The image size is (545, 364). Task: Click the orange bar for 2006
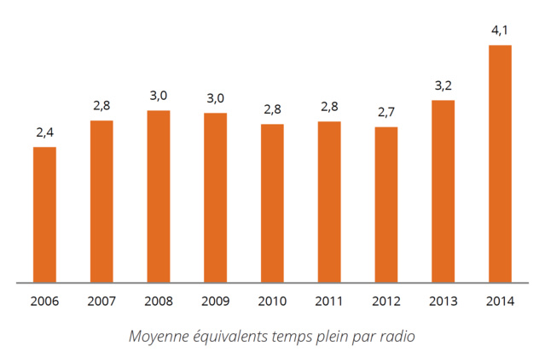(44, 214)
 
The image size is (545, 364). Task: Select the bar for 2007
(101, 201)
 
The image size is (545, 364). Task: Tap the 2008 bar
(159, 196)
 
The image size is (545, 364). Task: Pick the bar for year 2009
(215, 197)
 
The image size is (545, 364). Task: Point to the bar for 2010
(272, 203)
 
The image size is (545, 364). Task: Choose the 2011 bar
(329, 202)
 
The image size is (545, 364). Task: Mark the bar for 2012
(386, 204)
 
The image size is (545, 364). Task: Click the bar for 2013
(443, 191)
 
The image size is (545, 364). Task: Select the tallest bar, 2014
(500, 163)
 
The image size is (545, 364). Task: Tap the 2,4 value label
(44, 132)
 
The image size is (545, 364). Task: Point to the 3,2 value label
(443, 85)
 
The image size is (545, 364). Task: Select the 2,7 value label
(386, 112)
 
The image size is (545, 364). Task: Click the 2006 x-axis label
(44, 301)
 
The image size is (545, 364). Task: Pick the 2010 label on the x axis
(272, 301)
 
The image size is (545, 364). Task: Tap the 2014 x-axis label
(500, 301)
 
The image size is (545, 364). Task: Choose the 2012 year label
(386, 301)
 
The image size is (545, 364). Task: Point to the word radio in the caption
(398, 336)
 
